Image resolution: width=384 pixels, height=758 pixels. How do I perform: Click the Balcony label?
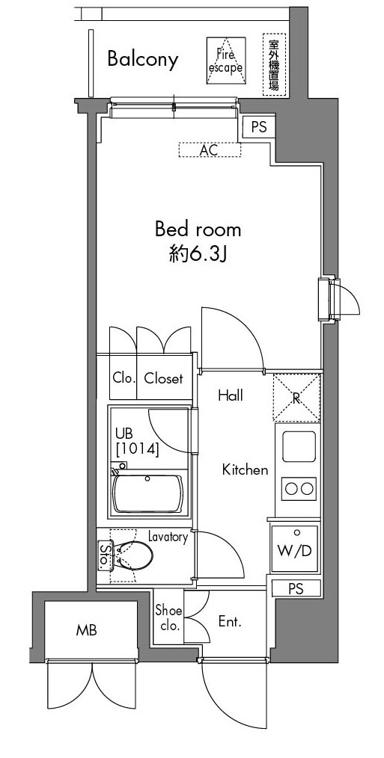142,59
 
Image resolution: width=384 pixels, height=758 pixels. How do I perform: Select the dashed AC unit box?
210,150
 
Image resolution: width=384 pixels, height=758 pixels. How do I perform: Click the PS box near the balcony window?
258,127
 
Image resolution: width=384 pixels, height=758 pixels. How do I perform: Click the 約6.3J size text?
197,256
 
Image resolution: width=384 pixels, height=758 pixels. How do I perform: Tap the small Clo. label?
124,378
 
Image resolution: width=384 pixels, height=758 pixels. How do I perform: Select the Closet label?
163,378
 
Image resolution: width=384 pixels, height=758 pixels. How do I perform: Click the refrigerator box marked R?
296,396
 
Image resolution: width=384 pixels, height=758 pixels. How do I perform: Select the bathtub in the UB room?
149,493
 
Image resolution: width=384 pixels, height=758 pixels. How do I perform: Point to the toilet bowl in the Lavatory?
136,557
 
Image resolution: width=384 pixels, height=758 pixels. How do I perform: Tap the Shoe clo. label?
168,618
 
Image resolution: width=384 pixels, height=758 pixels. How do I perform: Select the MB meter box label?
86,630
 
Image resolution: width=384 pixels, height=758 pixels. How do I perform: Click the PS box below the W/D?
296,588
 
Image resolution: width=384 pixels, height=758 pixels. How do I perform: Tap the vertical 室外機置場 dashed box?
274,65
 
